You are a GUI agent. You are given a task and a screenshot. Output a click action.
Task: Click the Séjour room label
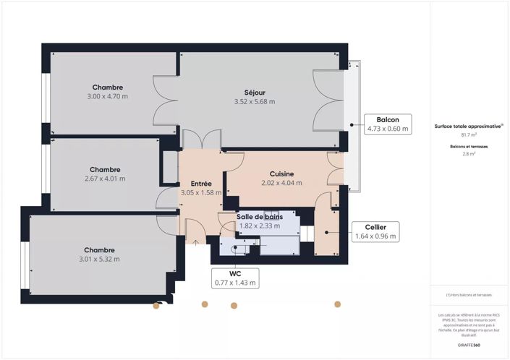254,92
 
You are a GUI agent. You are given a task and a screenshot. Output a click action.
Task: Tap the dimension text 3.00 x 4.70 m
107,96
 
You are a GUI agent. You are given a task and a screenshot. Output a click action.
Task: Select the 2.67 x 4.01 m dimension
105,179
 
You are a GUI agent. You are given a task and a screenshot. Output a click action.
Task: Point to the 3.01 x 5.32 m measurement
99,259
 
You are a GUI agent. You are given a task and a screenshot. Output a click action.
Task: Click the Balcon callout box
388,124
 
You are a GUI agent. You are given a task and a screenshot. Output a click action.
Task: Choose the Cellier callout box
375,231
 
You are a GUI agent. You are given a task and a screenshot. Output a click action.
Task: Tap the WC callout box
234,278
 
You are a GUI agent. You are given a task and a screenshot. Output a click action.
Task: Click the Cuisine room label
281,174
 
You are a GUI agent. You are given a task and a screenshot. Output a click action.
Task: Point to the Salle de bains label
260,217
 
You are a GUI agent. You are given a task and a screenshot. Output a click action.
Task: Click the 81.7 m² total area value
468,134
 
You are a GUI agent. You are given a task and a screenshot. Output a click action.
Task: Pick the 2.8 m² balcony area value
468,154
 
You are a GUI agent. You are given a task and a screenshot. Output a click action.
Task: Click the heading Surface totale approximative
468,126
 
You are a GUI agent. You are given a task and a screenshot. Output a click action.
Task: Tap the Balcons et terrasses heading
468,146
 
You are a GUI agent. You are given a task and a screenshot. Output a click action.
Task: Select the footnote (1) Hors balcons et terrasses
468,296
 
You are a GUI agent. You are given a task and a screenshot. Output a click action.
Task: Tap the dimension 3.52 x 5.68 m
254,101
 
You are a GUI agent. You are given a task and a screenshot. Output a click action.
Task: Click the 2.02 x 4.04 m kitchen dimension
281,184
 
